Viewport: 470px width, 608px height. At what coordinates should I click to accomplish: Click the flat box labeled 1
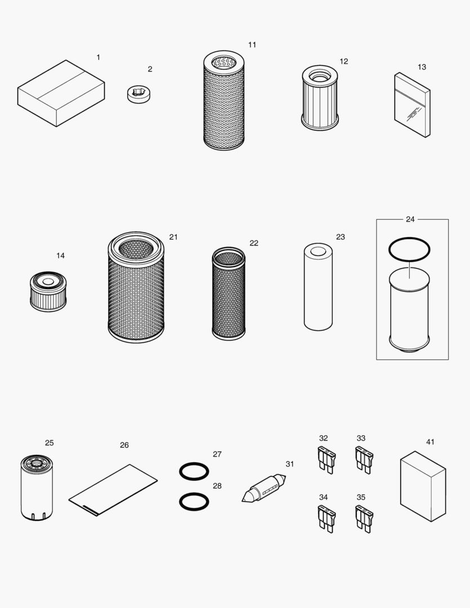[61, 93]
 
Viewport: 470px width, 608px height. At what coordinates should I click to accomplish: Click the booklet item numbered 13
[412, 105]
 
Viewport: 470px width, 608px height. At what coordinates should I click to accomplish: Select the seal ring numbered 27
[194, 471]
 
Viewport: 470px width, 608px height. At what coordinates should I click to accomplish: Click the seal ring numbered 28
[194, 500]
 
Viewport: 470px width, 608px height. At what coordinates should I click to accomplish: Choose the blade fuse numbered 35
[364, 518]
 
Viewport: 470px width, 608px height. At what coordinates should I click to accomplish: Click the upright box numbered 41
[423, 486]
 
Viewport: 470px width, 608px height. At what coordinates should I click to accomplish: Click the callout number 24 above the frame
[410, 219]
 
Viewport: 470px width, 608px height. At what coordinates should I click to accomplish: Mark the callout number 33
[361, 438]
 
